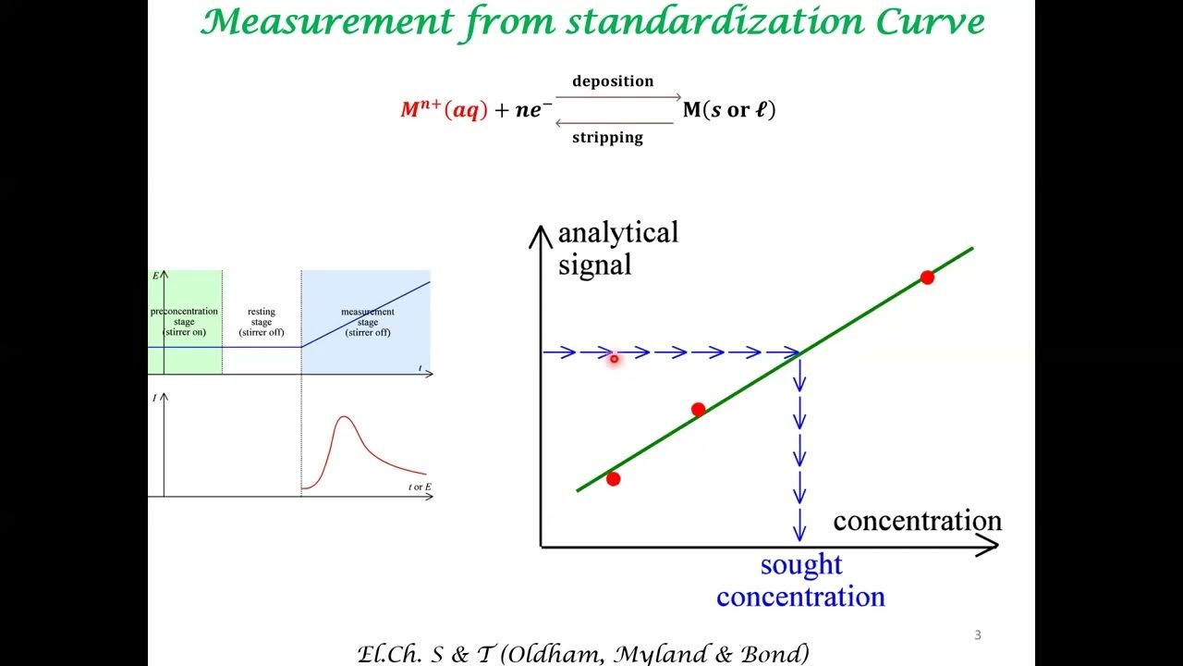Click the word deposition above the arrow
tap(613, 81)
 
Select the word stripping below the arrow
tap(607, 138)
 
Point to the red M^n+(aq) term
tap(443, 110)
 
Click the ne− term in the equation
tap(533, 111)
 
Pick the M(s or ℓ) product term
tap(729, 110)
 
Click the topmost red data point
tap(927, 277)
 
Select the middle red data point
tap(698, 410)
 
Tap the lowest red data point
tap(613, 478)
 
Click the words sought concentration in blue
tap(800, 581)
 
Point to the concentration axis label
tap(917, 521)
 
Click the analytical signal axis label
tap(617, 249)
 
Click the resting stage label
tap(262, 322)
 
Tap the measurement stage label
tap(368, 322)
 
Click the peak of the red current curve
tap(346, 417)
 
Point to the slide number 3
tap(978, 635)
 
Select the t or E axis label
tap(421, 487)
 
